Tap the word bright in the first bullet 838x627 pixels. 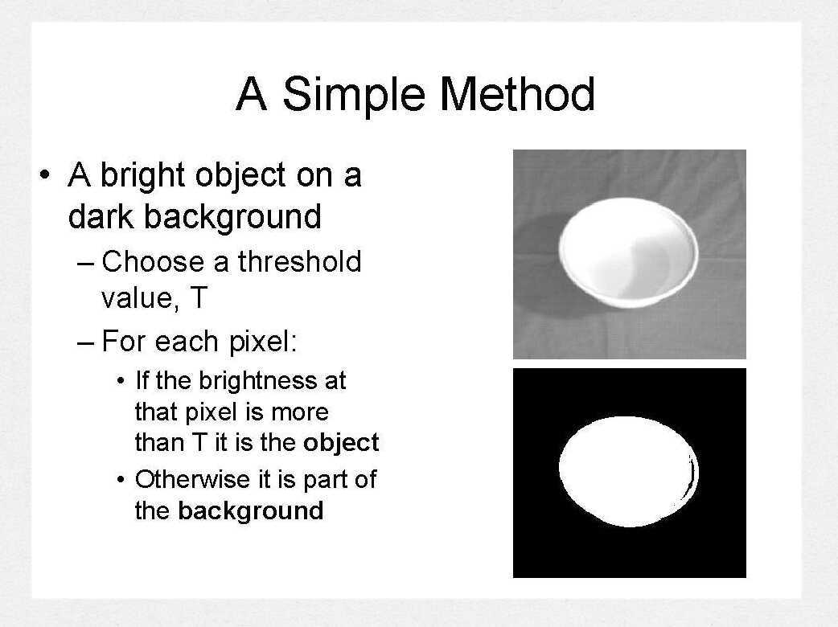click(x=146, y=176)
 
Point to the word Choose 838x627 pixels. click(x=153, y=262)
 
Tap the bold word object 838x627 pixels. click(x=341, y=443)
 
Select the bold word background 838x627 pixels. click(x=250, y=511)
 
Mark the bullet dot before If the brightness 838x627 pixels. click(x=121, y=381)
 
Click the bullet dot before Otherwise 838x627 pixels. click(x=121, y=481)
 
